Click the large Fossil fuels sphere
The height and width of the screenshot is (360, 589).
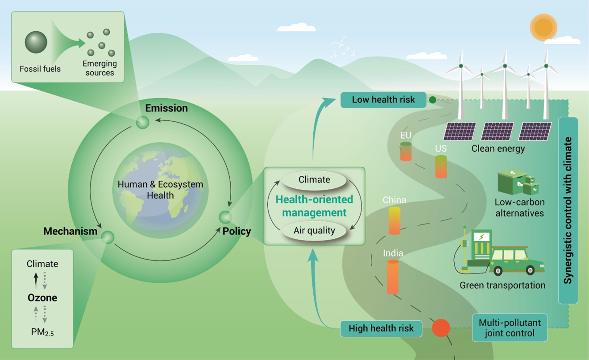tap(36, 42)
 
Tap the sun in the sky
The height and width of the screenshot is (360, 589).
tap(543, 27)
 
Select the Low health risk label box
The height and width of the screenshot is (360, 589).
tap(383, 100)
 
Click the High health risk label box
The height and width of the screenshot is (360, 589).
tap(381, 328)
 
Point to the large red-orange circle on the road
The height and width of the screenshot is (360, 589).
tap(441, 328)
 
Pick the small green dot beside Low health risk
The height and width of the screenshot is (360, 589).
tap(432, 100)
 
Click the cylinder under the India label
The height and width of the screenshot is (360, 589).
tap(393, 277)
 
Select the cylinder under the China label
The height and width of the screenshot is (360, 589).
tap(394, 221)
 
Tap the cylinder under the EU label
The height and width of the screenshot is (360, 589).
tap(406, 152)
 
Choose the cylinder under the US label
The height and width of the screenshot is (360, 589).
tap(441, 167)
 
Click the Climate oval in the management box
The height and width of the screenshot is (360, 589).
tap(315, 180)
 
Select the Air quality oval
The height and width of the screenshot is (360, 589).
tap(315, 231)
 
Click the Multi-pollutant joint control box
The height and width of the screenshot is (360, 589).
tap(510, 327)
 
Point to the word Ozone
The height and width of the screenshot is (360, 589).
tap(42, 298)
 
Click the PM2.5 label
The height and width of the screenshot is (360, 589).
tap(42, 332)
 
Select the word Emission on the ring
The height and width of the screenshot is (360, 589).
tap(166, 108)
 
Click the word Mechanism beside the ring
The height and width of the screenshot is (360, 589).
tap(70, 232)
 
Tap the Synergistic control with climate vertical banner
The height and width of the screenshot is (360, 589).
tap(568, 211)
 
